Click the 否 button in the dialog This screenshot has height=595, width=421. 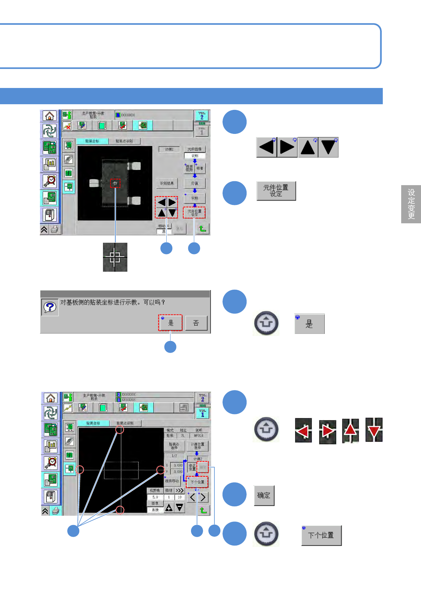(196, 323)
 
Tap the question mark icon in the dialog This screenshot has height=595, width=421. (50, 307)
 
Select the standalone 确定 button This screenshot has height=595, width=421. (264, 495)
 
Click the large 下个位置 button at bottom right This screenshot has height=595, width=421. (321, 535)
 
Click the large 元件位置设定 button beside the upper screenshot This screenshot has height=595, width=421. (276, 191)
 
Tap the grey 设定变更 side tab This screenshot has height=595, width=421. (411, 204)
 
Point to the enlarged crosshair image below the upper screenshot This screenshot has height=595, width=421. (115, 257)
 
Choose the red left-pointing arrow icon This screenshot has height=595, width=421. (303, 431)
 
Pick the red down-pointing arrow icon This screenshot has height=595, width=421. (374, 430)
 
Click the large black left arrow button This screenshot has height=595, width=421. (266, 147)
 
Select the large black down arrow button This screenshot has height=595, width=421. (328, 147)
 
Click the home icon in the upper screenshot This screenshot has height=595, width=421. (50, 116)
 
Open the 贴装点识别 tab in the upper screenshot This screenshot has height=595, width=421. (124, 141)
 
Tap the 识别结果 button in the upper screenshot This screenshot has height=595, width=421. (167, 183)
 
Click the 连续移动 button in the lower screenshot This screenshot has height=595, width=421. (172, 481)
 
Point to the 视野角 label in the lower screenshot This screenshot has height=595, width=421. (155, 491)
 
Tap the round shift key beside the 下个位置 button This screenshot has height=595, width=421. (266, 534)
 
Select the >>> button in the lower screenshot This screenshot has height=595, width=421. (180, 491)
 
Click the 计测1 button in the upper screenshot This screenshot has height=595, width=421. (169, 149)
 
